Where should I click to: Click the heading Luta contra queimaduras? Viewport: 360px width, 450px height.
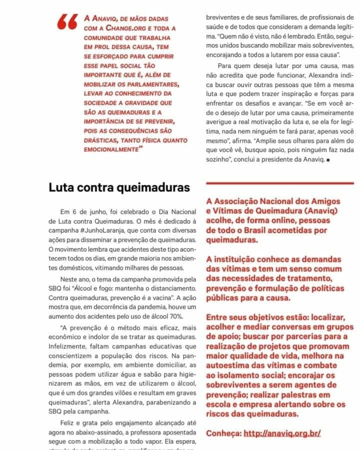119,187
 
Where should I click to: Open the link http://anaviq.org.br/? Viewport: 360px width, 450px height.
282,433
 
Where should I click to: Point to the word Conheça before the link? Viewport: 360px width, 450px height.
223,433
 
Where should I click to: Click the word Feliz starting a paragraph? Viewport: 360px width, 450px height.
69,423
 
